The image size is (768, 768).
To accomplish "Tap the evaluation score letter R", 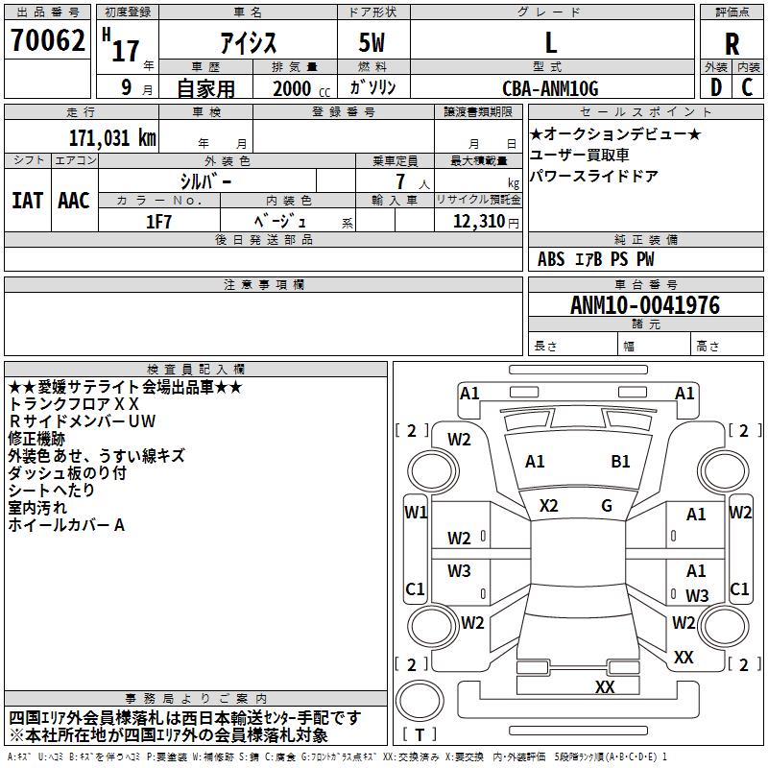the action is [732, 44].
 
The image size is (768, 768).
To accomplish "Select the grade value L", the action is [550, 43].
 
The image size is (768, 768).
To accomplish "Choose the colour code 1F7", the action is [158, 221].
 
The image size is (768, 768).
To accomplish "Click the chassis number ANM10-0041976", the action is [645, 306].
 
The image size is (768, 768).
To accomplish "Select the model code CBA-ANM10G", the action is [550, 88].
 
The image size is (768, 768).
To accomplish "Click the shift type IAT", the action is [27, 201].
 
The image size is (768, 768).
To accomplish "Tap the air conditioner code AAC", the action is [73, 201].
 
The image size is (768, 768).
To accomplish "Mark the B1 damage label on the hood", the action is [621, 462].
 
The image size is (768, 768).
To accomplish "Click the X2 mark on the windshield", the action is [549, 506].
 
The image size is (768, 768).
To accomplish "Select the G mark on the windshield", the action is [607, 506].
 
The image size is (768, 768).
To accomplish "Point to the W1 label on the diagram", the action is [416, 513].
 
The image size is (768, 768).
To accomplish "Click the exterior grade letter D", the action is [714, 88].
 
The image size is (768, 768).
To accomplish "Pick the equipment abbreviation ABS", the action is [551, 259].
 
